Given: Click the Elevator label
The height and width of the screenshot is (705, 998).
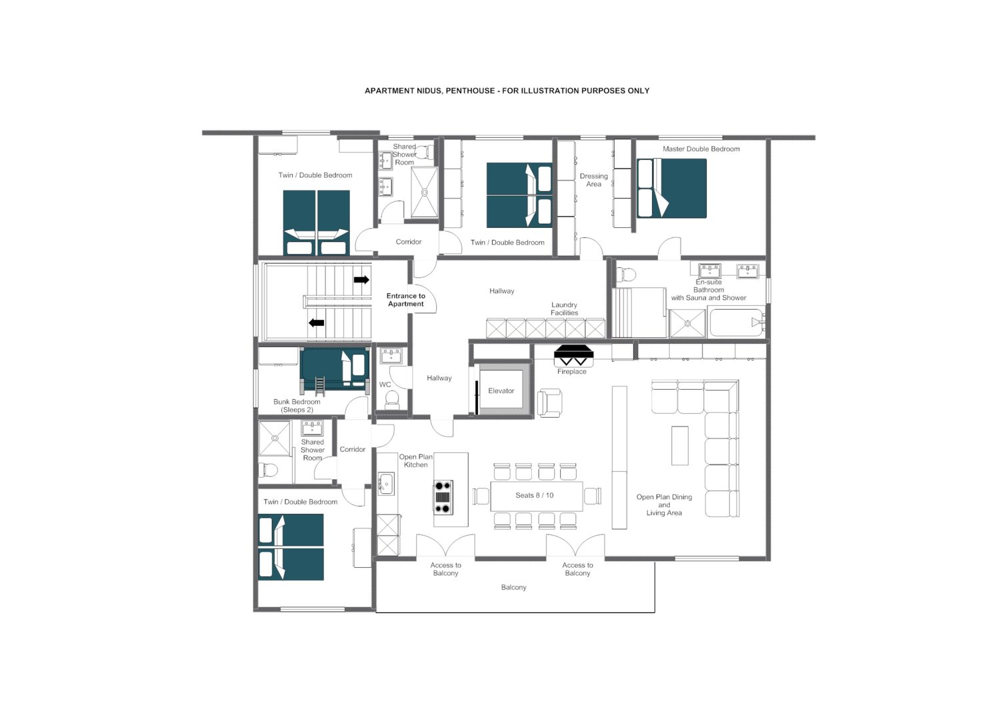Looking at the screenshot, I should point(501,391).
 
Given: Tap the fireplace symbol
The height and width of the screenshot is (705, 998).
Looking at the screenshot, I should point(573,354).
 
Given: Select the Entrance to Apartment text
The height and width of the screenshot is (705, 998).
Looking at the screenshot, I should point(405,300).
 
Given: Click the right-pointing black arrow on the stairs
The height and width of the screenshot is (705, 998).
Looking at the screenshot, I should point(361,280).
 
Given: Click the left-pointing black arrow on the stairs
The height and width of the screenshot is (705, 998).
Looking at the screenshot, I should point(316,323).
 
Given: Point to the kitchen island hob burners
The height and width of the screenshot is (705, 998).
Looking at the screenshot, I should point(443,497).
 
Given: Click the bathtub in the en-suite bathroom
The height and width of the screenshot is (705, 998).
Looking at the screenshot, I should point(736,323).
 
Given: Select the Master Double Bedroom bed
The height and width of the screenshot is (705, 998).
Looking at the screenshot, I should point(671,188).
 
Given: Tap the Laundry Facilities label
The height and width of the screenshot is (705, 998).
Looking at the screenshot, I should point(564,309).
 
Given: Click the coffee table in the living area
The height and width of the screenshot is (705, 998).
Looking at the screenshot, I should point(679,445).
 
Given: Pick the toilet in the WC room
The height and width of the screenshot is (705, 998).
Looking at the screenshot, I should point(392,399).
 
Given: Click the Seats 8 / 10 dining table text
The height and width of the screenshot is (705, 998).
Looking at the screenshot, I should point(534,495).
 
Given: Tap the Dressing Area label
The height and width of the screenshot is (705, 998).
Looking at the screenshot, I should point(593,180).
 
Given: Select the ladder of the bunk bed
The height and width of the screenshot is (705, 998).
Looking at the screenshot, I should point(320,386).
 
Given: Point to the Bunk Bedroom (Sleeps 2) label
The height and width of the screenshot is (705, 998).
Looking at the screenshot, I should point(297,406).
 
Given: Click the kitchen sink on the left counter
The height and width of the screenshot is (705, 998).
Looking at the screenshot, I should point(385,483).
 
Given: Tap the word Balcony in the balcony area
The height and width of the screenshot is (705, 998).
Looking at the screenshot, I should point(513,587).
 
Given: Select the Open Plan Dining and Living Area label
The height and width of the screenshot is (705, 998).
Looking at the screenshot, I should point(664,504).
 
